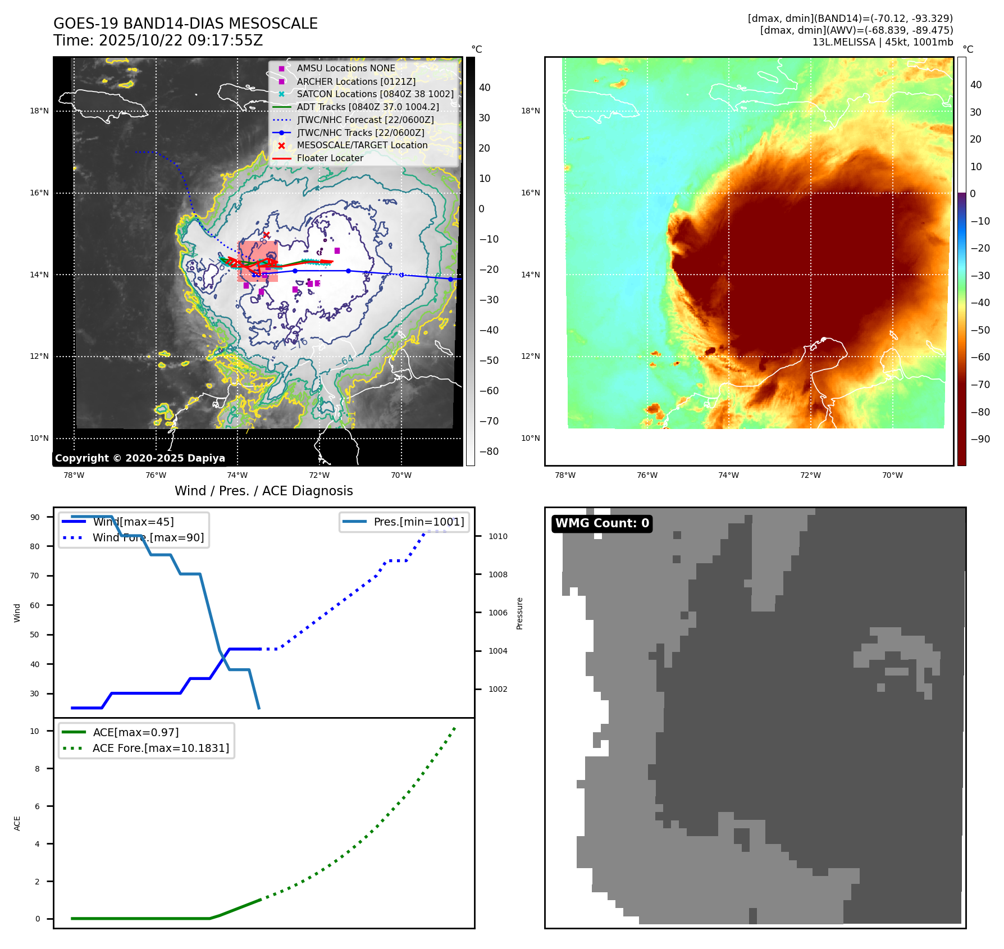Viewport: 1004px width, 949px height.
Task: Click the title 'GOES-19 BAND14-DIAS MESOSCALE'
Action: (185, 24)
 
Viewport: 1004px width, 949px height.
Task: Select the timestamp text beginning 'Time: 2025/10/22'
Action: (158, 40)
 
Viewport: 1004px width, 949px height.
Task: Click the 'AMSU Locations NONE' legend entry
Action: (346, 68)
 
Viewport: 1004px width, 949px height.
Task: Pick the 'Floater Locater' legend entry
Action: (330, 158)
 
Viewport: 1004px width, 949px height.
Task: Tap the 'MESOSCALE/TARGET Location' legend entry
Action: (362, 145)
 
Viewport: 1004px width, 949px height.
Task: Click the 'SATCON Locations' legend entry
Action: (375, 94)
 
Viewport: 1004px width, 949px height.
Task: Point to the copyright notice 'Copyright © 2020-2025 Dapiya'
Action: (140, 458)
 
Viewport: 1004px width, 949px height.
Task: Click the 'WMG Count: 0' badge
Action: (602, 523)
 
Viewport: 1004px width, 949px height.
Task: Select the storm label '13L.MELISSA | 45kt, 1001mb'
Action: (882, 42)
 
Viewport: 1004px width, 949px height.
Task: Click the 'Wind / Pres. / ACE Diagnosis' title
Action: (263, 491)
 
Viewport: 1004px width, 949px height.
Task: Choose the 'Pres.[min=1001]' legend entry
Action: (419, 522)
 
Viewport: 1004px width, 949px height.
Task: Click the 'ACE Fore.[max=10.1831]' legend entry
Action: (161, 748)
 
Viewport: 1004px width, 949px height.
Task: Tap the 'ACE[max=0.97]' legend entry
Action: (135, 732)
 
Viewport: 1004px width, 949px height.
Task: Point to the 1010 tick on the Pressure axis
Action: (498, 536)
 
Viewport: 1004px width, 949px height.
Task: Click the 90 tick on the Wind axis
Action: (35, 517)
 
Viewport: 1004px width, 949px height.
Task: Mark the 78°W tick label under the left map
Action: (74, 475)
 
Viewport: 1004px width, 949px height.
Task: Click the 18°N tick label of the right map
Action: (530, 111)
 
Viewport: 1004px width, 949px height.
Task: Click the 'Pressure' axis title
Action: (519, 613)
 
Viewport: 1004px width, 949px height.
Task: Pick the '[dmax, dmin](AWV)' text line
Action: (856, 30)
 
